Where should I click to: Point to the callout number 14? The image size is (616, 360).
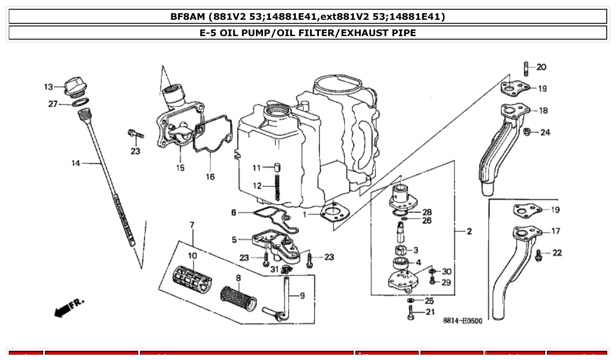pos(76,164)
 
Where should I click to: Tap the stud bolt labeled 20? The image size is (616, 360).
pos(526,69)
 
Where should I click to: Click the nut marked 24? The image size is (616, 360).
pos(527,131)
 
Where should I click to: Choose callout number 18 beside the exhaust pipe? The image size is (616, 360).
pos(543,110)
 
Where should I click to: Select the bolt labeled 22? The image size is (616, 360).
pos(538,255)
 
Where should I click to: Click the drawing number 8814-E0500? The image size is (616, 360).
pos(462,321)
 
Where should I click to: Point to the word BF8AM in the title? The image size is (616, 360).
pos(188,17)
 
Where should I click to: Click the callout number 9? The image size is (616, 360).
pos(302,296)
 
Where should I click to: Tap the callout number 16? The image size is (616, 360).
pos(210,176)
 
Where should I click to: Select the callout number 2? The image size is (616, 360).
pos(469,231)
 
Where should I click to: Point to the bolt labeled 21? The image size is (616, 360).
pos(411,313)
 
